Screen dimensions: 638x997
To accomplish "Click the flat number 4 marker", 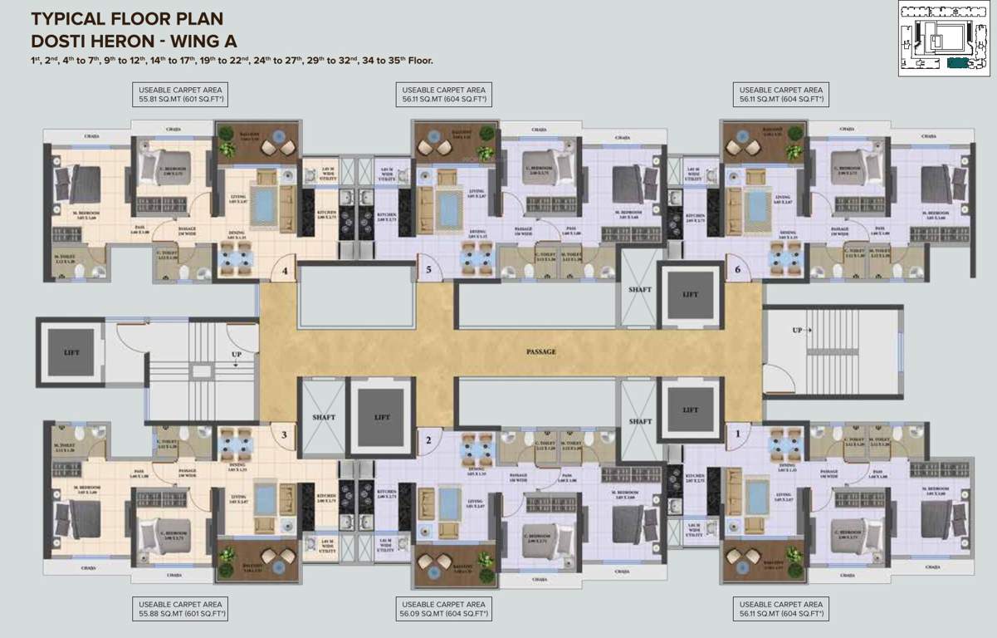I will (x=285, y=271).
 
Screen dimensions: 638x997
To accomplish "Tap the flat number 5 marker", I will (x=428, y=270).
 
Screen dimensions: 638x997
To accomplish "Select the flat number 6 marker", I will (x=736, y=270).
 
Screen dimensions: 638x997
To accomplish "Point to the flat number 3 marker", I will (x=284, y=434).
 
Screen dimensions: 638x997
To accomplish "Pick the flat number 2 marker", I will (x=428, y=440).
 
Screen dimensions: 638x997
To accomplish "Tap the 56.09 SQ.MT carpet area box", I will (x=444, y=609).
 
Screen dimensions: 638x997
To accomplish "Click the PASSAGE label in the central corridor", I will (x=541, y=351).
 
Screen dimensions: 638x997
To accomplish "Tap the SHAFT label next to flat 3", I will (x=323, y=417).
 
